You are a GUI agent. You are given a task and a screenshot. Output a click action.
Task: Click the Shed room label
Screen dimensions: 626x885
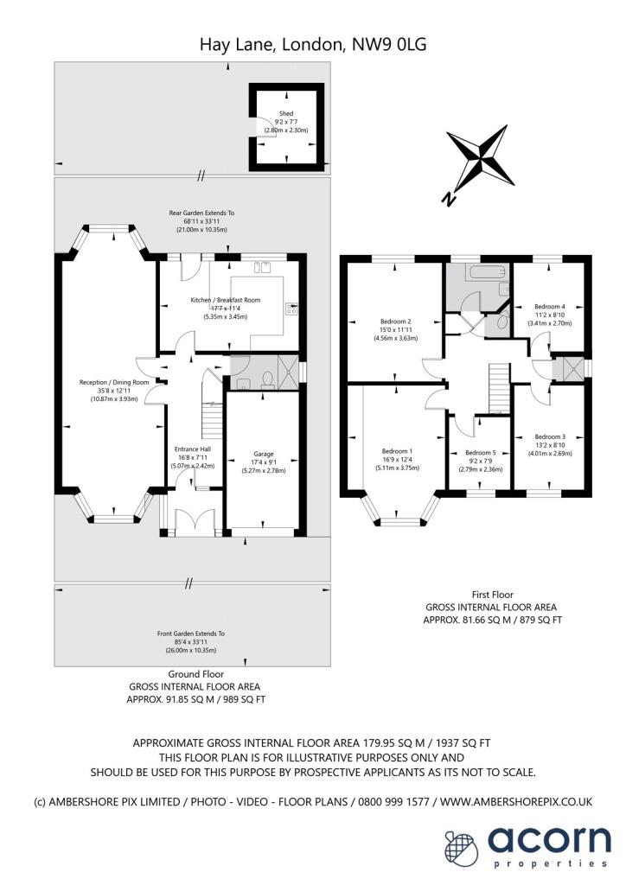pyautogui.click(x=286, y=113)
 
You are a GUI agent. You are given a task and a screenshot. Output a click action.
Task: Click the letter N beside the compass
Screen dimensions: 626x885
pyautogui.click(x=449, y=200)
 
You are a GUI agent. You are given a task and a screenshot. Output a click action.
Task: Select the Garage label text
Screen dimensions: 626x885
pyautogui.click(x=264, y=454)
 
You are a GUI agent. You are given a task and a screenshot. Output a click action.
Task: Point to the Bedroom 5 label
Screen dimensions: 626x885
pyautogui.click(x=481, y=453)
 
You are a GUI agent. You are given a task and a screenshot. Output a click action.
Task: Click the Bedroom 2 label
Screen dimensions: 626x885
pyautogui.click(x=395, y=322)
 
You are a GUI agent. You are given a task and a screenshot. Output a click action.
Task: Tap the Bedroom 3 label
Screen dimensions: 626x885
pyautogui.click(x=550, y=436)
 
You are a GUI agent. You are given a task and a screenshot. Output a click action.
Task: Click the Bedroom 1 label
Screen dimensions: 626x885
pyautogui.click(x=397, y=451)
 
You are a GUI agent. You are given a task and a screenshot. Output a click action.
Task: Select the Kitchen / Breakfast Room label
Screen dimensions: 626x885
pyautogui.click(x=226, y=300)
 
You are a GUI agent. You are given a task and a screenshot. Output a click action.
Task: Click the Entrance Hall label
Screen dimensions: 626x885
pyautogui.click(x=193, y=449)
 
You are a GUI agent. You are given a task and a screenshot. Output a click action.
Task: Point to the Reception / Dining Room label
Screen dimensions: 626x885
pyautogui.click(x=114, y=383)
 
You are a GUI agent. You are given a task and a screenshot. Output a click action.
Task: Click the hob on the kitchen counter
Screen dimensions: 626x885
pyautogui.click(x=292, y=309)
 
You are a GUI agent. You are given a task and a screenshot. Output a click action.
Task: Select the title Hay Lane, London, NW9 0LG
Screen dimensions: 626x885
pyautogui.click(x=313, y=44)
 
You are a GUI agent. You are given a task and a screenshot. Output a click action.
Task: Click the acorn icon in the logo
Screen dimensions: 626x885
pyautogui.click(x=461, y=847)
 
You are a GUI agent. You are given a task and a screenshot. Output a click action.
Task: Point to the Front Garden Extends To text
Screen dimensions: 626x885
pyautogui.click(x=191, y=634)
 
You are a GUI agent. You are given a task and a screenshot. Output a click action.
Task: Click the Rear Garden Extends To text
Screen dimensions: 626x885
pyautogui.click(x=201, y=213)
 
